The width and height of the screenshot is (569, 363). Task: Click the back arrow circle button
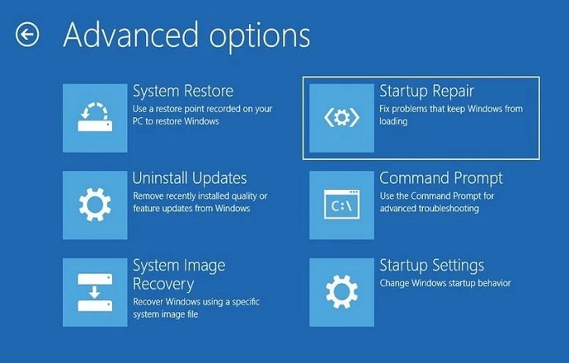[27, 35]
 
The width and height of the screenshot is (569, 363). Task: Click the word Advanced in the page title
[131, 35]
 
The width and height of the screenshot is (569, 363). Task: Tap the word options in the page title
[260, 37]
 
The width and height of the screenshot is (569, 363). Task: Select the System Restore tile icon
[95, 118]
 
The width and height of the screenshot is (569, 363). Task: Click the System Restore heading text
[183, 91]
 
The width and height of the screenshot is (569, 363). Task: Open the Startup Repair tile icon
[341, 118]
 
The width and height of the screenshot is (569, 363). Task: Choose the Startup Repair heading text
[427, 92]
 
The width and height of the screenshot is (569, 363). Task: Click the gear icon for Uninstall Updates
[95, 205]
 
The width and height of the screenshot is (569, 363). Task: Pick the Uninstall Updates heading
[190, 178]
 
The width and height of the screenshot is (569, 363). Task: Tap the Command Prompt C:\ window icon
[341, 205]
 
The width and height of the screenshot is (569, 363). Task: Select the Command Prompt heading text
[441, 178]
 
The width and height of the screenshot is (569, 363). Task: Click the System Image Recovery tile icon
[95, 292]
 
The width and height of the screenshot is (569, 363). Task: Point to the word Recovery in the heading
[163, 285]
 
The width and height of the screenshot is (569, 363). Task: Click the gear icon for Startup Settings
[341, 292]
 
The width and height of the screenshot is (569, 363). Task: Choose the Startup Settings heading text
[432, 266]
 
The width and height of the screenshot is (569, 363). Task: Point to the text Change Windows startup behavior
[445, 283]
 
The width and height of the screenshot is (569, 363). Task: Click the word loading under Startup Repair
[393, 121]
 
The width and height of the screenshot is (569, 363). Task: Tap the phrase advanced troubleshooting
[430, 209]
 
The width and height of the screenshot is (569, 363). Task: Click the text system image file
[166, 314]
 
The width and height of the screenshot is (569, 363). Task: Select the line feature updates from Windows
[191, 209]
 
